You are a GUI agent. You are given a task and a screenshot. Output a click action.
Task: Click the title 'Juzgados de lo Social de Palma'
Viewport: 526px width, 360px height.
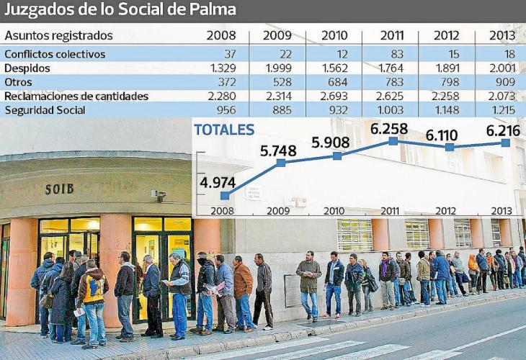click(x=120, y=11)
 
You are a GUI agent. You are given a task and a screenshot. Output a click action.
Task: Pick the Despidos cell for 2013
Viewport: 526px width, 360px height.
click(x=502, y=68)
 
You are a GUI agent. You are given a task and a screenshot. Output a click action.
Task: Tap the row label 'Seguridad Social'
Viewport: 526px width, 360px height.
click(x=45, y=110)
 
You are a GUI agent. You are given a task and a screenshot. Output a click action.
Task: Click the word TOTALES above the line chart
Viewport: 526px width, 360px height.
click(x=224, y=130)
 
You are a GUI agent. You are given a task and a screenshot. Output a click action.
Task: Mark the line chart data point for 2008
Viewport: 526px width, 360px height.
click(x=225, y=195)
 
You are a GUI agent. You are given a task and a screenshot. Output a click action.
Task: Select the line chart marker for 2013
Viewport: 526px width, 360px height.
click(x=506, y=143)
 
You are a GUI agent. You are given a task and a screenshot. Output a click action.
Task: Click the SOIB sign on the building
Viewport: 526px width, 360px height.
click(x=59, y=189)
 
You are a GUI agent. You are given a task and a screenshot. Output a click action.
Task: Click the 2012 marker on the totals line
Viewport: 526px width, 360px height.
click(x=450, y=147)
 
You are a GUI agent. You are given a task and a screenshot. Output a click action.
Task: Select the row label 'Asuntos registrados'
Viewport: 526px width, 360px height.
click(x=58, y=35)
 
